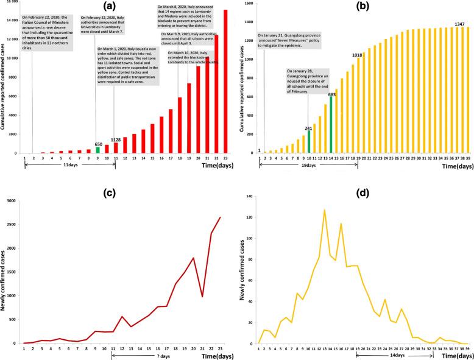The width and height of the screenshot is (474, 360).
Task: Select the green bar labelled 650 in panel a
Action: (97, 150)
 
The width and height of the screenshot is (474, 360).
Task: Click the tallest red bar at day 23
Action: (225, 82)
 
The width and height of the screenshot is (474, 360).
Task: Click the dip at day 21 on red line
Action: (202, 297)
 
